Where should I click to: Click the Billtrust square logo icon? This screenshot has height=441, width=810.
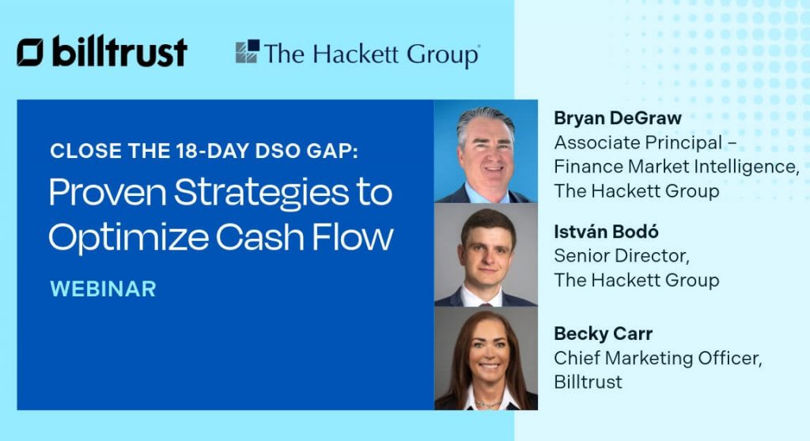(31, 52)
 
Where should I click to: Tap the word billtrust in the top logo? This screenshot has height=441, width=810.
(119, 52)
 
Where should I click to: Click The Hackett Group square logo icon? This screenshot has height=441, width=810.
(247, 52)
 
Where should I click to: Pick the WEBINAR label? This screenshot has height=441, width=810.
(103, 288)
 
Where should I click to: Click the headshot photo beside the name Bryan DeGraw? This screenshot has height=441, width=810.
(486, 151)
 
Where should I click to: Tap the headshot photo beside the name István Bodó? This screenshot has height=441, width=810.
(486, 254)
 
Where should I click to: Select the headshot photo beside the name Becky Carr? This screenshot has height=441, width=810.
(486, 358)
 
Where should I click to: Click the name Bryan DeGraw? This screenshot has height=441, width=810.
(618, 119)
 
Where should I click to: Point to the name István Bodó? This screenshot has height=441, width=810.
(607, 232)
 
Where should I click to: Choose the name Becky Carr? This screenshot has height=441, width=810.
(604, 334)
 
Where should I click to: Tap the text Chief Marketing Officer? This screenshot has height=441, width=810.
(657, 358)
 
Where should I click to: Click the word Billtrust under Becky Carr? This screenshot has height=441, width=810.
(588, 382)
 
